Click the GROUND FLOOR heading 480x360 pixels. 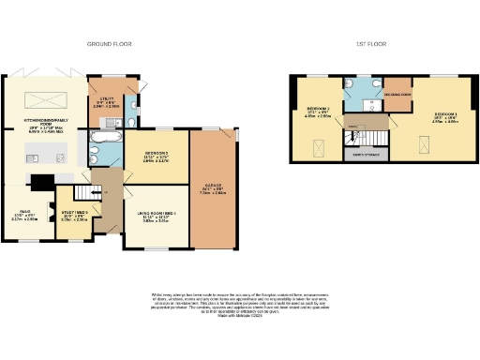click(x=109, y=44)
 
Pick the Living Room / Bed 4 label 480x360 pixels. click(x=156, y=218)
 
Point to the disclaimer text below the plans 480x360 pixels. click(x=239, y=304)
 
